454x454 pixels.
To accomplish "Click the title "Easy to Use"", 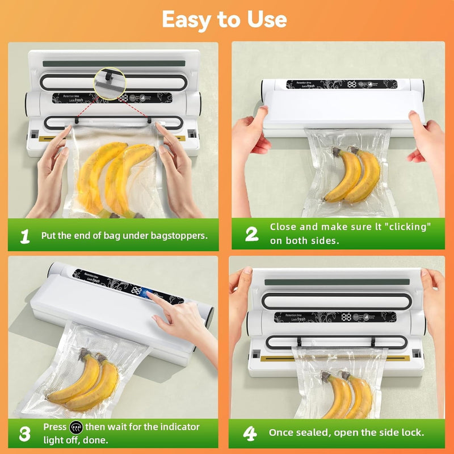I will click(225, 20).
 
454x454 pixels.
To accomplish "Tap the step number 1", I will click(24, 236).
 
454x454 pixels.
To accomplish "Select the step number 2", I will click(251, 233).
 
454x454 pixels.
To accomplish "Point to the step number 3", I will click(24, 434).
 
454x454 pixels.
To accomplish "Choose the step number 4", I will click(250, 433).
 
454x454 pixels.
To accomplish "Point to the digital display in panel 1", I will click(123, 98).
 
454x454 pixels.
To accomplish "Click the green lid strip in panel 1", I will click(113, 64).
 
